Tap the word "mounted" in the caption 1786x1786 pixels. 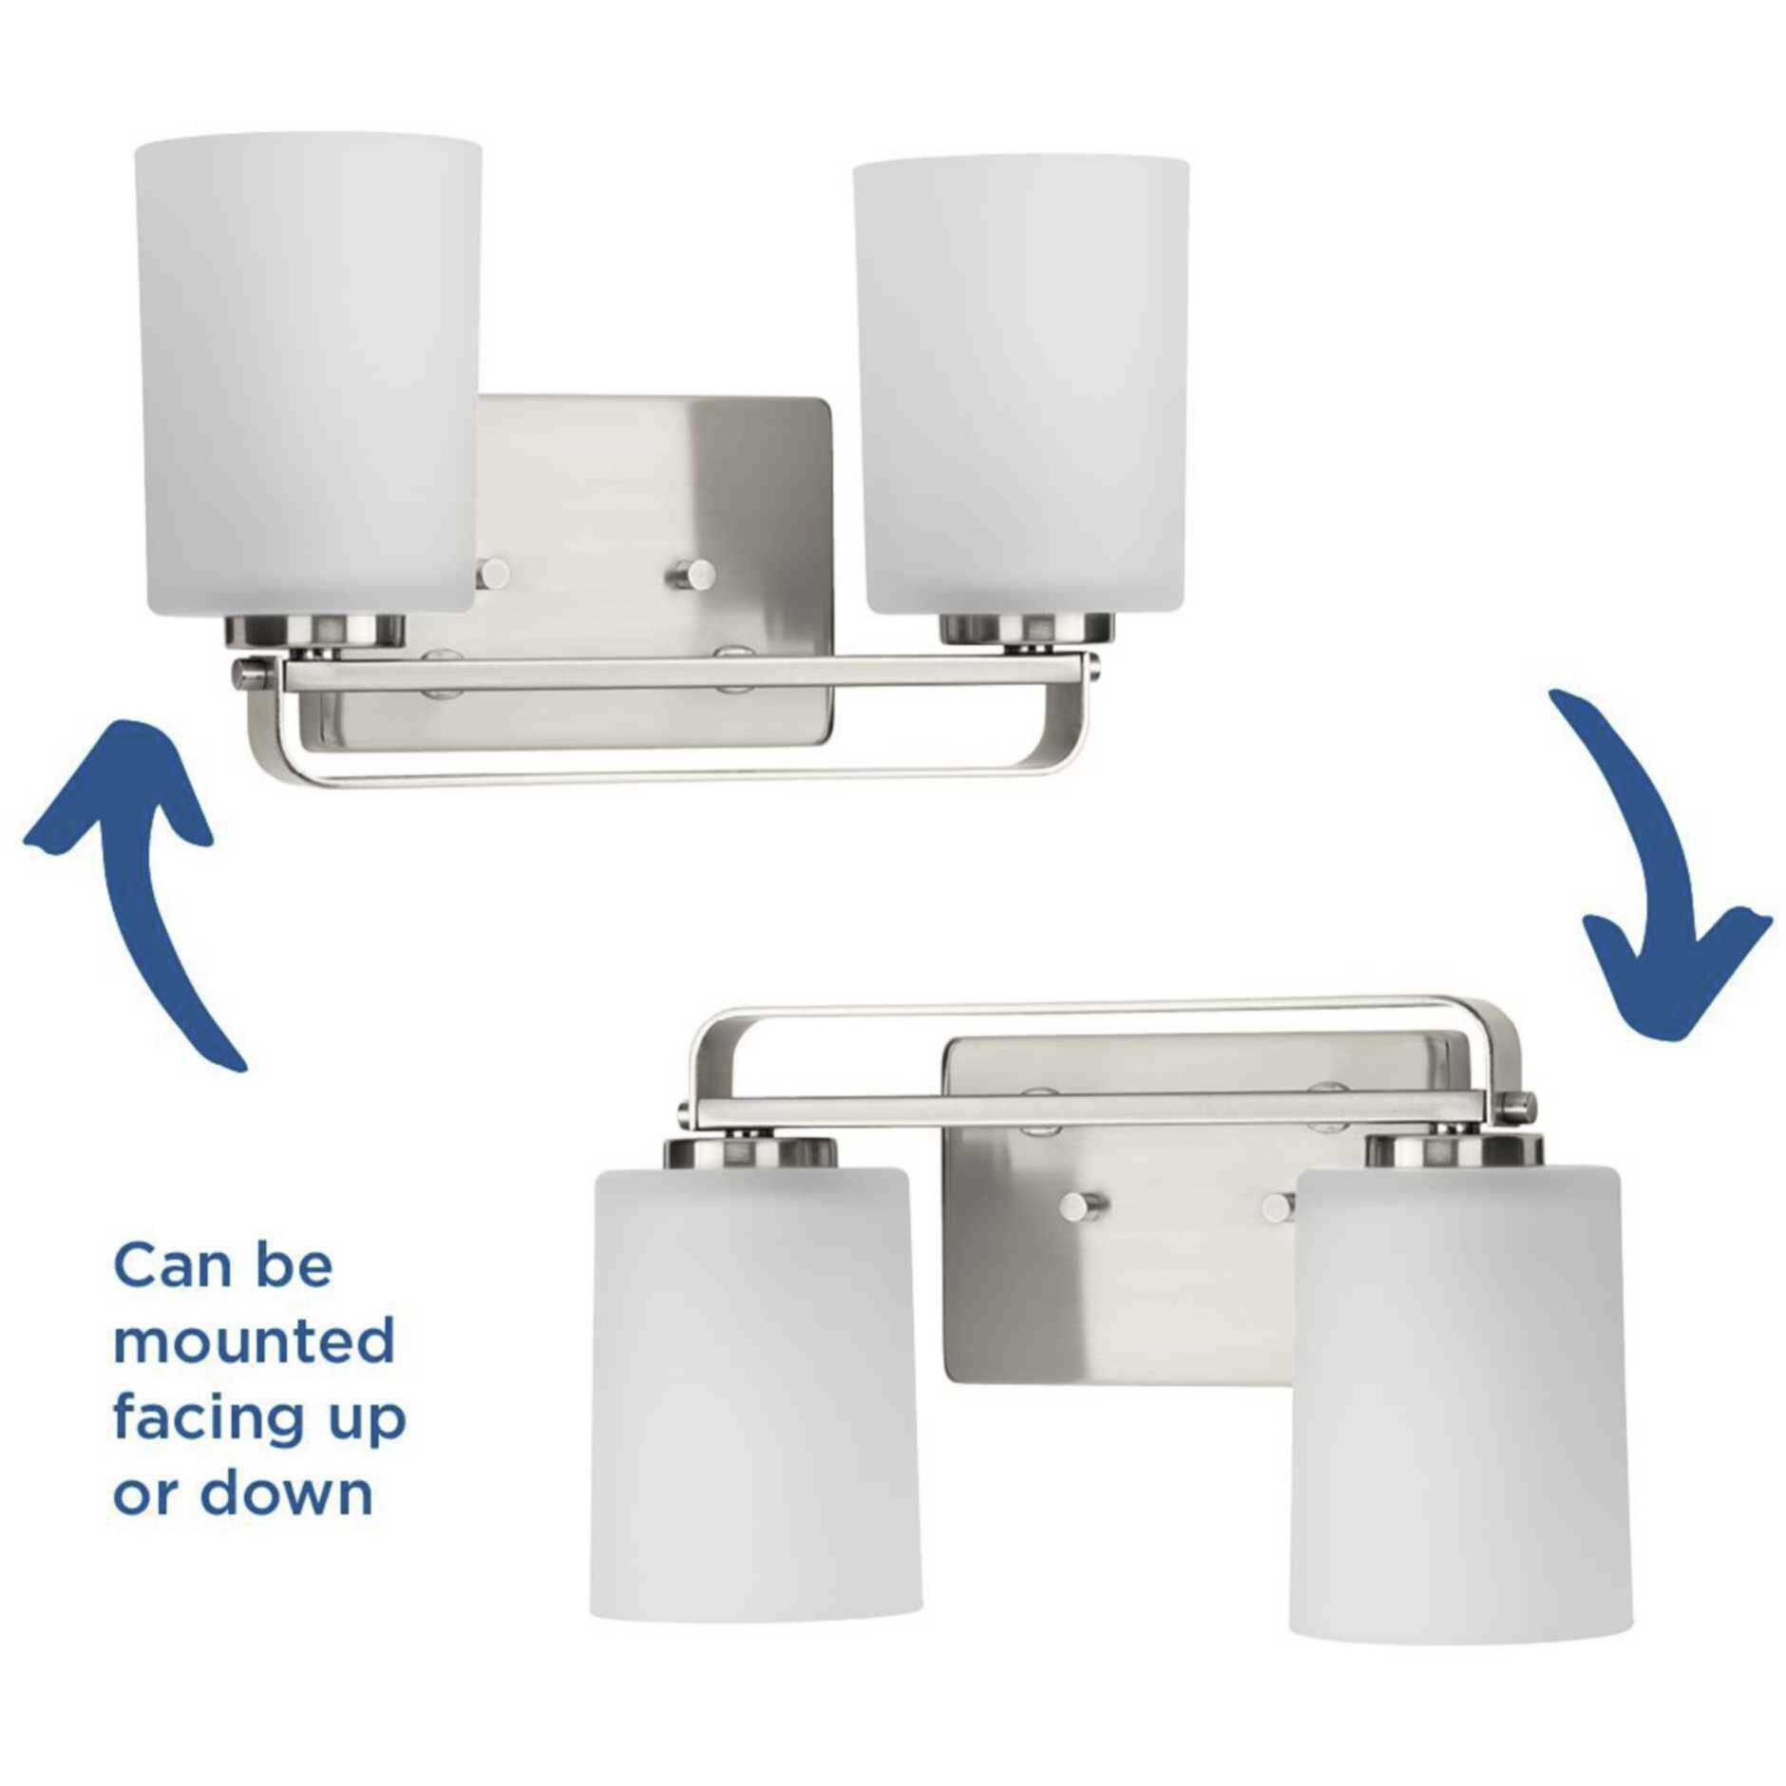(254, 1341)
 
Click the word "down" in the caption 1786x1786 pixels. (286, 1493)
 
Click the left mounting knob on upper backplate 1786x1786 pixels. (493, 573)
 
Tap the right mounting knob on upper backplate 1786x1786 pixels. (701, 573)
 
